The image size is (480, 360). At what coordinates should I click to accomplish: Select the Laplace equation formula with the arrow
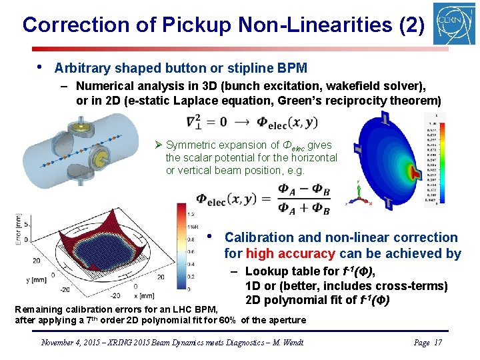click(253, 122)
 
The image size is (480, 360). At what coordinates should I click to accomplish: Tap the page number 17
click(437, 342)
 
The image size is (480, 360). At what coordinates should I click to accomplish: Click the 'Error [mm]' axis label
click(19, 231)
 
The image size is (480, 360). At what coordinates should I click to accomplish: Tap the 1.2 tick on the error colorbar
click(191, 215)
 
